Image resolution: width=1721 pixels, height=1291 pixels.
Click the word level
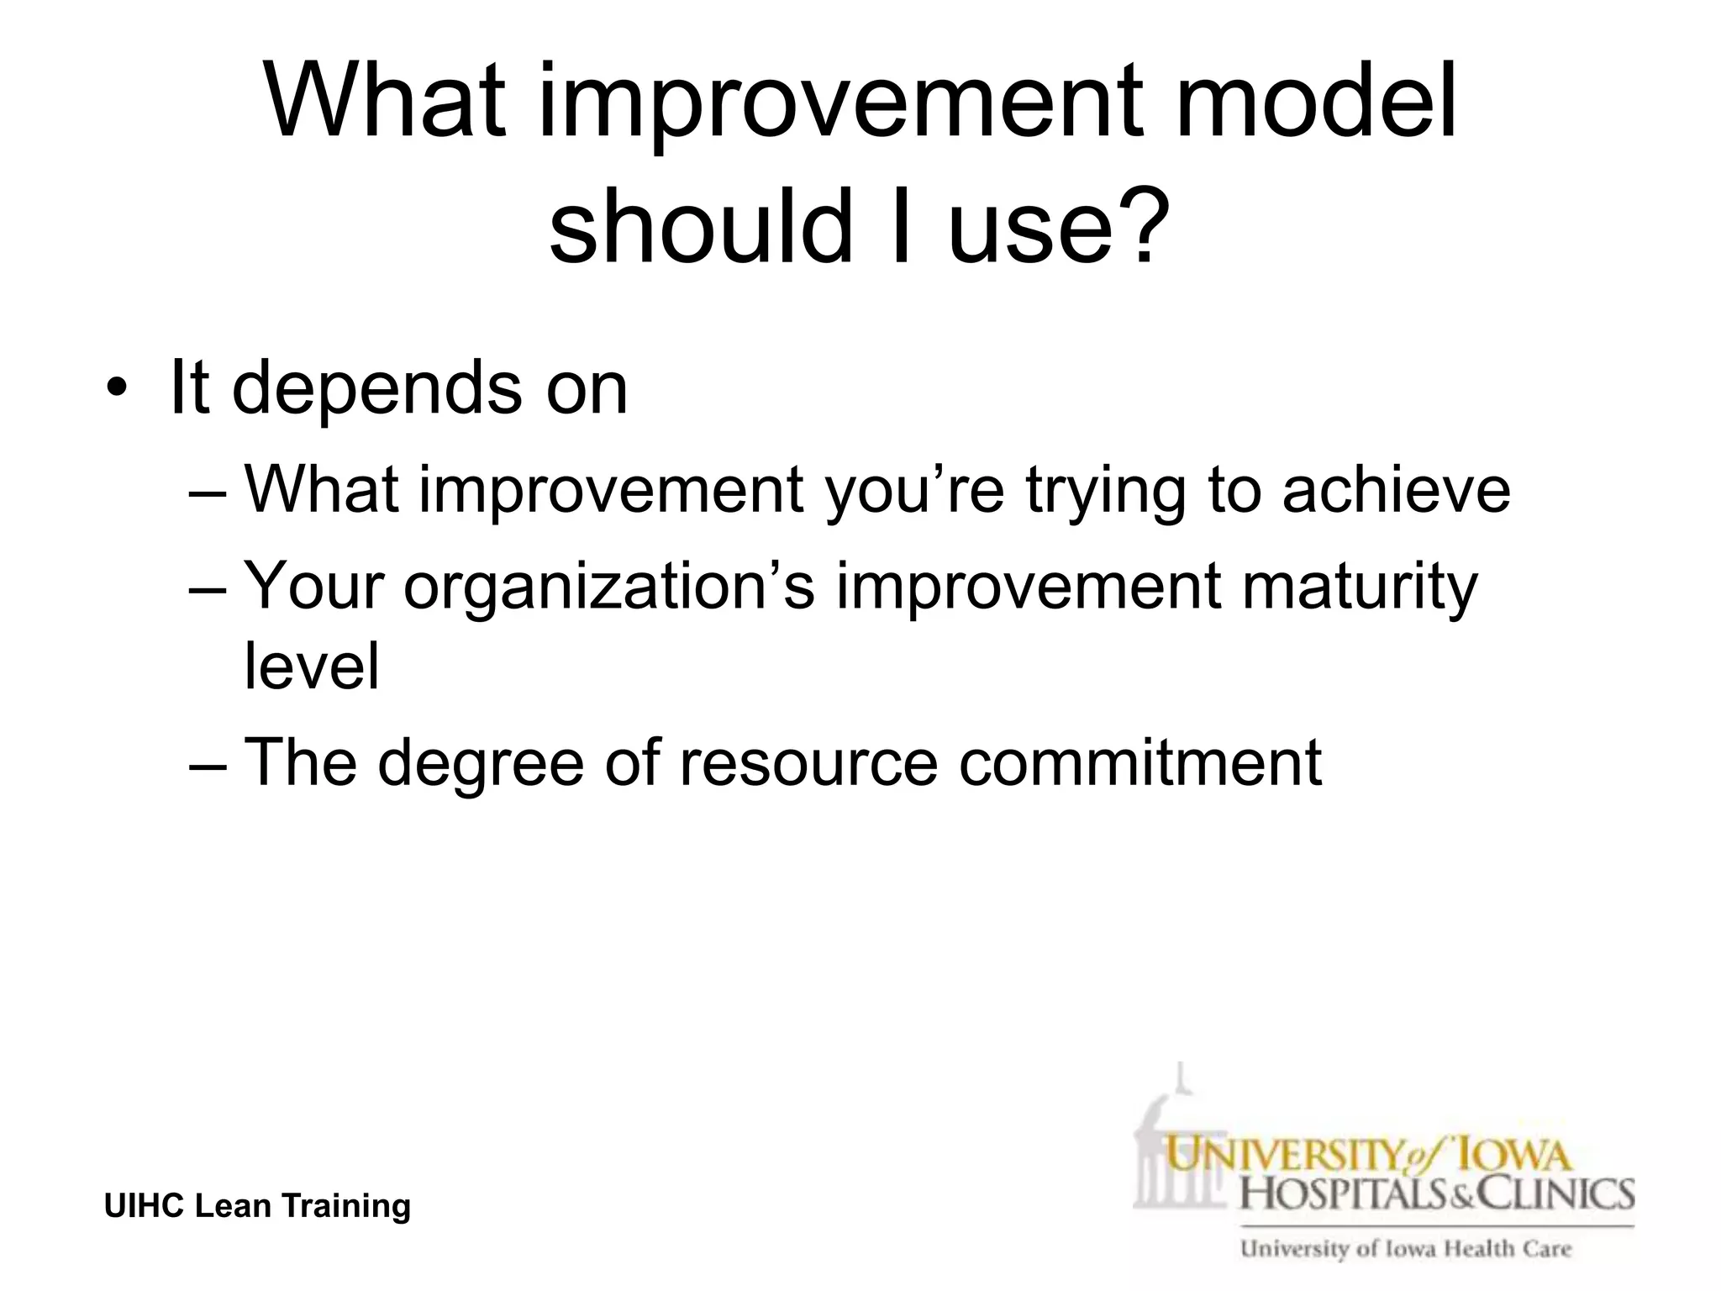tap(312, 667)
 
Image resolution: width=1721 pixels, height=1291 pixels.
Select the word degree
tap(480, 763)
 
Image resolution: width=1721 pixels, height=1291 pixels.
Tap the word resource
tap(808, 763)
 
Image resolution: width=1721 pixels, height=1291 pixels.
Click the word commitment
tap(1140, 763)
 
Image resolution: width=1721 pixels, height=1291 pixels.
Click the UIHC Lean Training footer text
tap(257, 1206)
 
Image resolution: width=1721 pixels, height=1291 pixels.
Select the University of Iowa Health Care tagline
tap(1405, 1249)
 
